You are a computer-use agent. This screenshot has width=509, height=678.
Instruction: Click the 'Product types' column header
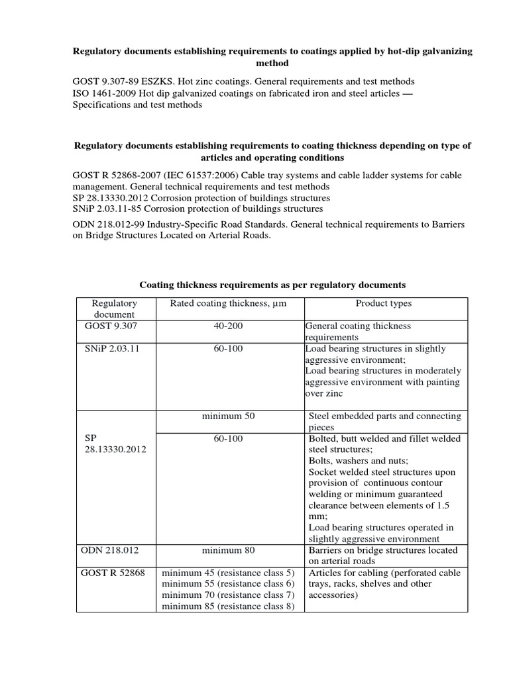383,303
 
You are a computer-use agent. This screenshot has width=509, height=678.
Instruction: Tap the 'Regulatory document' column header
115,309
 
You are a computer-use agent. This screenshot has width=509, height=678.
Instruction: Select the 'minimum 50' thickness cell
228,416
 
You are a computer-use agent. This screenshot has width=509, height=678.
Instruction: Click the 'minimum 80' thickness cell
228,550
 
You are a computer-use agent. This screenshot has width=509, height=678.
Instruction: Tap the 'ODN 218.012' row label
111,550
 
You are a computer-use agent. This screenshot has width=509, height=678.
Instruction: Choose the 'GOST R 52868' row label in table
116,573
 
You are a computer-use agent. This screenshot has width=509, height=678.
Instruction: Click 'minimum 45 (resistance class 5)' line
228,573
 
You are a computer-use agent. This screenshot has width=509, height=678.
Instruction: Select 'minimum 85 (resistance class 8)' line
228,606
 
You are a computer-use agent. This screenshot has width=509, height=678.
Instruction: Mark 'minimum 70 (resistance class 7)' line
228,595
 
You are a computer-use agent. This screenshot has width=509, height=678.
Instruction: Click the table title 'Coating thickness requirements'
272,285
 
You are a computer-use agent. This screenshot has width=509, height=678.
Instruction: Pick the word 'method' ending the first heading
272,63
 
